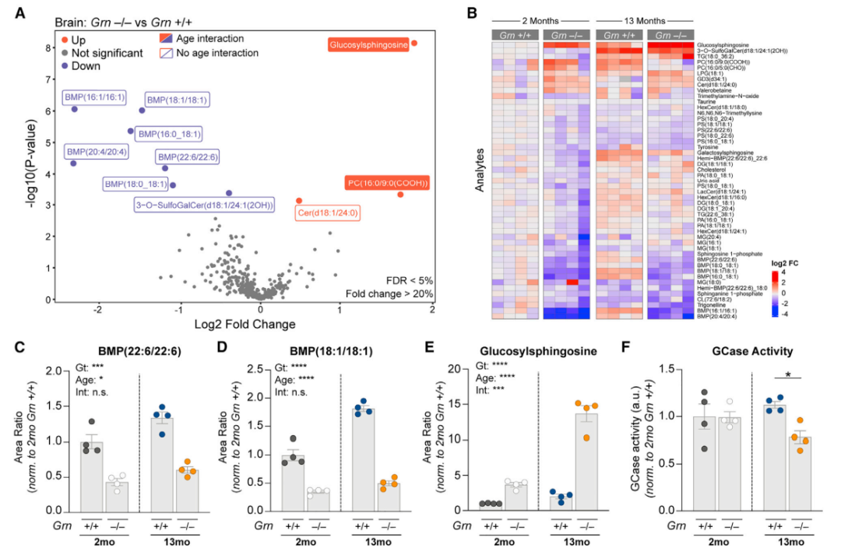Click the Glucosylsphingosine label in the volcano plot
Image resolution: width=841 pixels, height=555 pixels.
[369, 45]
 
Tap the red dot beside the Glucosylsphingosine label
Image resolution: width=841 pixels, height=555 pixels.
[414, 44]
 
